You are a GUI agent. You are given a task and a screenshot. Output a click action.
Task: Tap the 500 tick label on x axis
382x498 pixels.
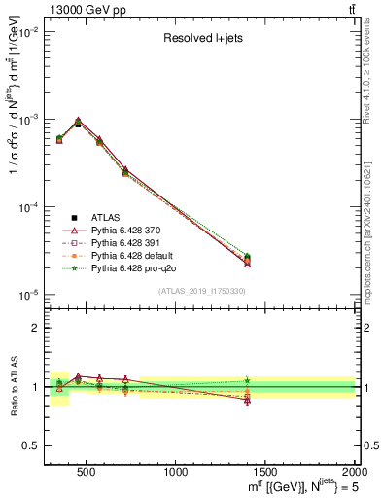tap(85, 472)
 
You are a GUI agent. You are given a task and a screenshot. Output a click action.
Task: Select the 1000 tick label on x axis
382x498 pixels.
tap(175, 472)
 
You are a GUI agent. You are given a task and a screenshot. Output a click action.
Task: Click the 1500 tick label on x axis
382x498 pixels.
tap(265, 472)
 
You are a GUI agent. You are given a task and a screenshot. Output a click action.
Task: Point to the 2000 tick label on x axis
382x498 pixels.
tap(354, 472)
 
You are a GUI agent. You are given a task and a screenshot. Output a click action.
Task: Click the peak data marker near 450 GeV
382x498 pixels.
tap(78, 123)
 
